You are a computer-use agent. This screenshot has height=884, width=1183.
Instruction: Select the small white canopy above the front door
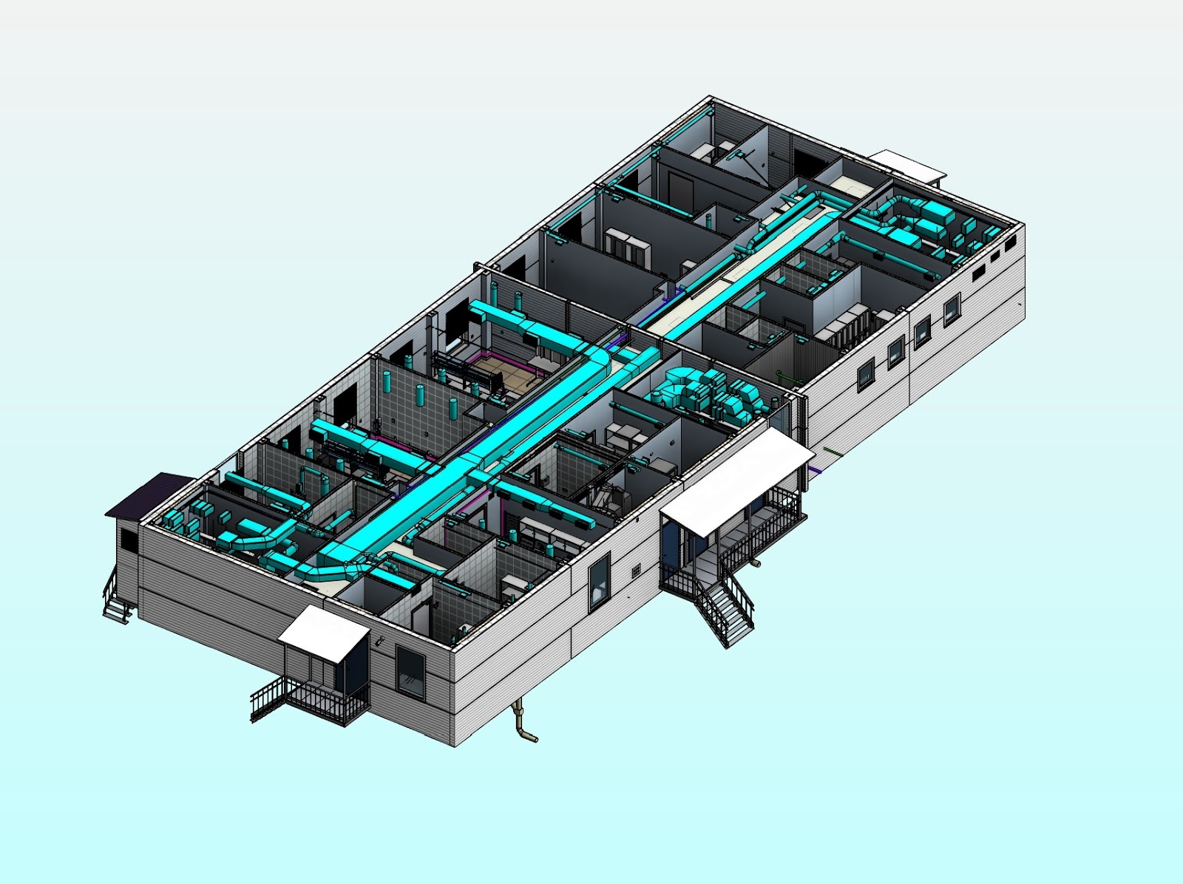click(324, 633)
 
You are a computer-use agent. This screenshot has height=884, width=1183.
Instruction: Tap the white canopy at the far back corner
click(906, 164)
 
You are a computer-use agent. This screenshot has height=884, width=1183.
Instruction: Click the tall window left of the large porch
click(599, 582)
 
